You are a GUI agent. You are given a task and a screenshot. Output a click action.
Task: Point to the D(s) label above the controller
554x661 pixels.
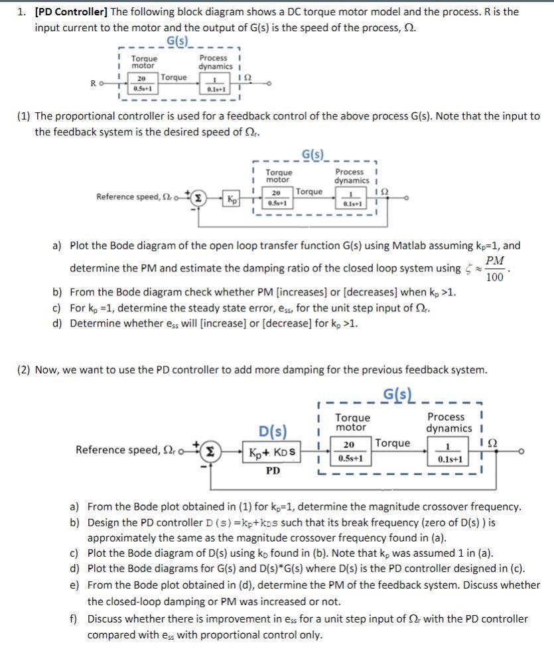point(273,431)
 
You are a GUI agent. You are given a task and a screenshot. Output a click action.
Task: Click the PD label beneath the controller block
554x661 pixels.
point(273,471)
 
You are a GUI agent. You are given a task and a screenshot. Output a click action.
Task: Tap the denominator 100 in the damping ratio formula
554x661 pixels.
point(494,277)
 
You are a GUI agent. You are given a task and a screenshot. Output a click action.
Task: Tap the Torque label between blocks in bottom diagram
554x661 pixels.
point(393,443)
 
